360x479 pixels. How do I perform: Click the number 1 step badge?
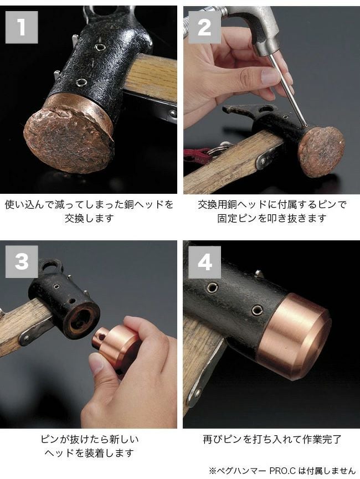[x=22, y=27]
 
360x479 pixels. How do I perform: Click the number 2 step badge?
[x=204, y=27]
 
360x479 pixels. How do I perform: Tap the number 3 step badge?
[x=22, y=262]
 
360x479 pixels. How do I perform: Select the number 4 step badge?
[x=204, y=262]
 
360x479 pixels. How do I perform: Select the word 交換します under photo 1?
[x=89, y=218]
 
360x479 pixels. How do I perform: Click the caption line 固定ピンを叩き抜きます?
[x=272, y=218]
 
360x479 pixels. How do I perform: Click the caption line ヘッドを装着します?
[x=89, y=453]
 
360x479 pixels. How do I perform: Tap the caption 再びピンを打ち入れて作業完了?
[x=272, y=439]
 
